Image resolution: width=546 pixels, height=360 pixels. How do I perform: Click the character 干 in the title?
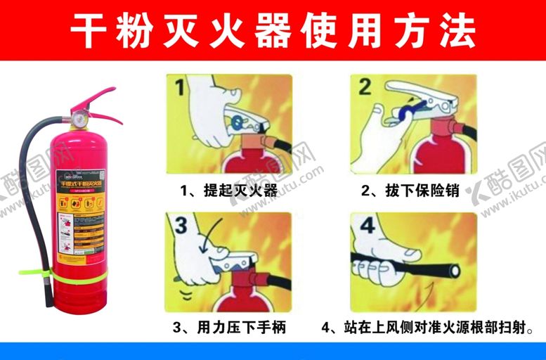coord(91,30)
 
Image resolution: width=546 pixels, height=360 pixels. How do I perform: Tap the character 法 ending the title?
coord(454,30)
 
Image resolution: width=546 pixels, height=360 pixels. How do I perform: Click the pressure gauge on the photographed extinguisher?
coord(79,117)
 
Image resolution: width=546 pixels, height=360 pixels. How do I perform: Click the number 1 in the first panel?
coord(180,88)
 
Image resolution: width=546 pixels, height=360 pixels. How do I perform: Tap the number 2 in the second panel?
coord(365,87)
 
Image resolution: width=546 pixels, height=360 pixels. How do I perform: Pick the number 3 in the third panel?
coord(181,226)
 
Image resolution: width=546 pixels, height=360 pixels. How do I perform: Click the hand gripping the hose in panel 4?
coord(383,264)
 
